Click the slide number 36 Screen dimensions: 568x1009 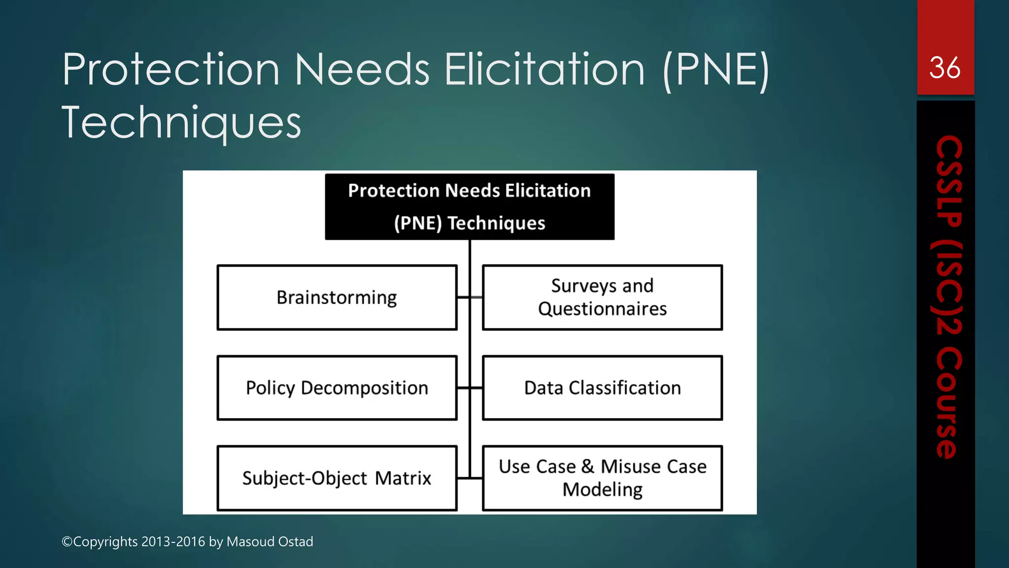pyautogui.click(x=944, y=68)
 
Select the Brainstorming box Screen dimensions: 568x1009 pyautogui.click(x=337, y=297)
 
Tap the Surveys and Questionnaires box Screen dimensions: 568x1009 pyautogui.click(x=602, y=297)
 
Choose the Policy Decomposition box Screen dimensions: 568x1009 pyautogui.click(x=337, y=388)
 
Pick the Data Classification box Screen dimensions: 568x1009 pyautogui.click(x=602, y=388)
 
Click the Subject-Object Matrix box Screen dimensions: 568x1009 pyautogui.click(x=337, y=478)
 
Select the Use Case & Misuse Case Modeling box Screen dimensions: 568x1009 pyautogui.click(x=602, y=478)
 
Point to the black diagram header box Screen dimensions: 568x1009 pyautogui.click(x=470, y=207)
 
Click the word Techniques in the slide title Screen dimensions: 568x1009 pyautogui.click(x=181, y=122)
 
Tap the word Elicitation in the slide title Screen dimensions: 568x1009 pyautogui.click(x=544, y=70)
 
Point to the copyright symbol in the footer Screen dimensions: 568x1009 pyautogui.click(x=67, y=542)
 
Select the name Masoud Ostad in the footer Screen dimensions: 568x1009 pyautogui.click(x=269, y=542)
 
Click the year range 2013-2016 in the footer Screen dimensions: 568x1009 pyautogui.click(x=173, y=542)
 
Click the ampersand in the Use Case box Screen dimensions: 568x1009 pyautogui.click(x=588, y=466)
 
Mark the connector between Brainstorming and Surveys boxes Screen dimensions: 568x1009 pyautogui.click(x=470, y=297)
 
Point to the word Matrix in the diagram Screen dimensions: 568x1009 pyautogui.click(x=403, y=478)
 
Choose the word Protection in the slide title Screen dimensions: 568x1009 pyautogui.click(x=171, y=70)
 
